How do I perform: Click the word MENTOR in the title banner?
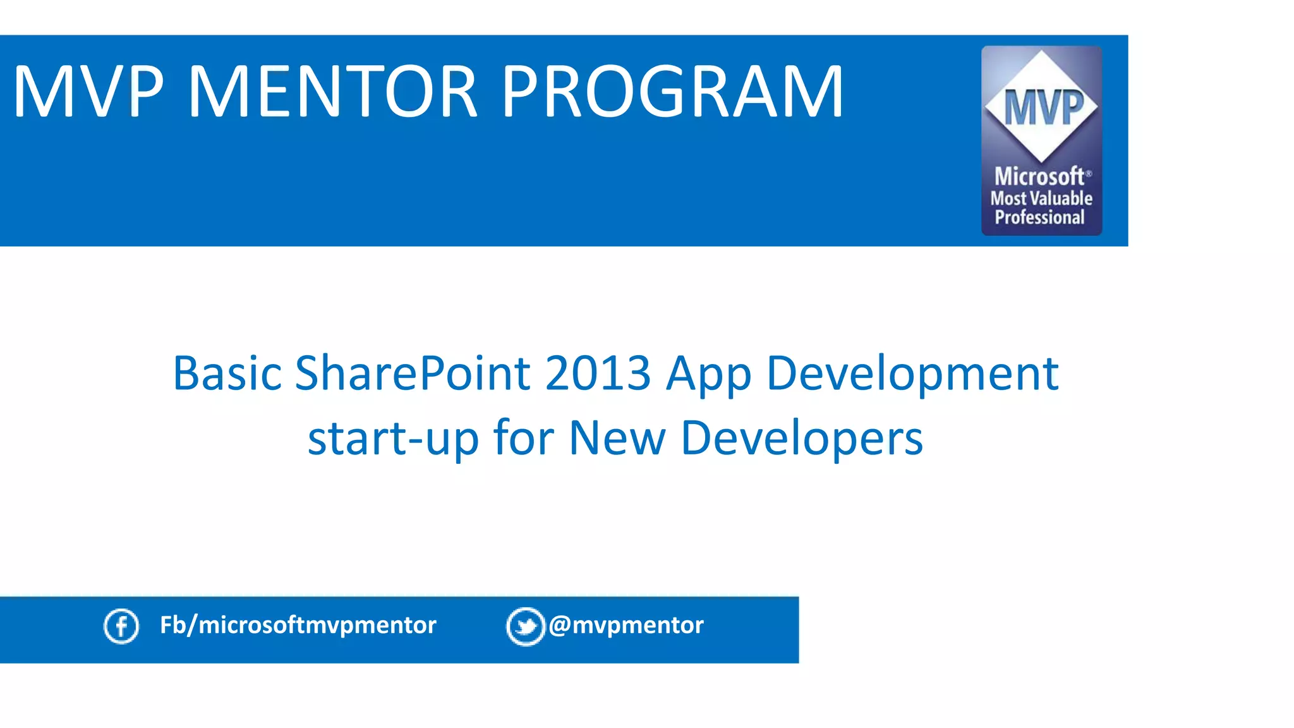pyautogui.click(x=333, y=92)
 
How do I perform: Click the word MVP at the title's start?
pyautogui.click(x=88, y=92)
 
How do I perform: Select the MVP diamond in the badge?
pyautogui.click(x=1042, y=106)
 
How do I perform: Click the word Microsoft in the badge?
pyautogui.click(x=1039, y=176)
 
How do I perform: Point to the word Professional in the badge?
pyautogui.click(x=1040, y=217)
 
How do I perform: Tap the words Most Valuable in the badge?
pyautogui.click(x=1041, y=198)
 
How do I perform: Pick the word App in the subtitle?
pyautogui.click(x=708, y=375)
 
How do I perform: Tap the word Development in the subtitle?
pyautogui.click(x=912, y=375)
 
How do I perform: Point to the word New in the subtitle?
pyautogui.click(x=617, y=438)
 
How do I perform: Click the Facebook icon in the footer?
pyautogui.click(x=121, y=626)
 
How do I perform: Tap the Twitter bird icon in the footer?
pyautogui.click(x=526, y=626)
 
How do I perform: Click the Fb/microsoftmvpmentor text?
pyautogui.click(x=298, y=625)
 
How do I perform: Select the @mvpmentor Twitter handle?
pyautogui.click(x=626, y=625)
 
